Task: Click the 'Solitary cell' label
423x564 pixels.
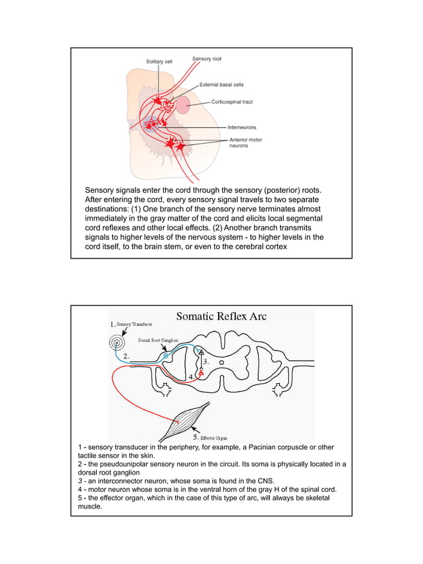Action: (x=159, y=62)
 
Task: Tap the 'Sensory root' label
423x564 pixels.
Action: (x=207, y=59)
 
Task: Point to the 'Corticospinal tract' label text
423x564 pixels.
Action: (x=231, y=102)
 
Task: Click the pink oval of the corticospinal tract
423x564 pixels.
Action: (x=183, y=103)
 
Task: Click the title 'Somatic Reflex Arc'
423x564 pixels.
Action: (x=221, y=316)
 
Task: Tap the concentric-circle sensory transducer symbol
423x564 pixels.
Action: (x=117, y=343)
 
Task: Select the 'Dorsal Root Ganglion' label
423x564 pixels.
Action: (x=158, y=340)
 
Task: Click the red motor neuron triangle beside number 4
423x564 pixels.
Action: (x=201, y=372)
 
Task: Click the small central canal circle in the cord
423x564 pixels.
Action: (x=221, y=363)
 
